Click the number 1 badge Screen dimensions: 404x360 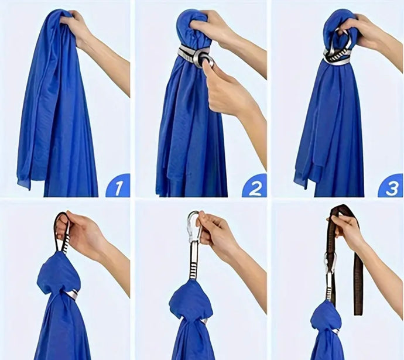(118, 186)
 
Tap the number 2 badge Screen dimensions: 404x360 (255, 186)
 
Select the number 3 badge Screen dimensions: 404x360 (391, 186)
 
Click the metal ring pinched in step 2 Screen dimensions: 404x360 (206, 59)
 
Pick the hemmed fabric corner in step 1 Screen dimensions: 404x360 (24, 181)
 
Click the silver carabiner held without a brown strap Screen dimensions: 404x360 (193, 227)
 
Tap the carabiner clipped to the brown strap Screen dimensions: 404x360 (331, 263)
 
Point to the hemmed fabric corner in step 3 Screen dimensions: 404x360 (300, 180)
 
